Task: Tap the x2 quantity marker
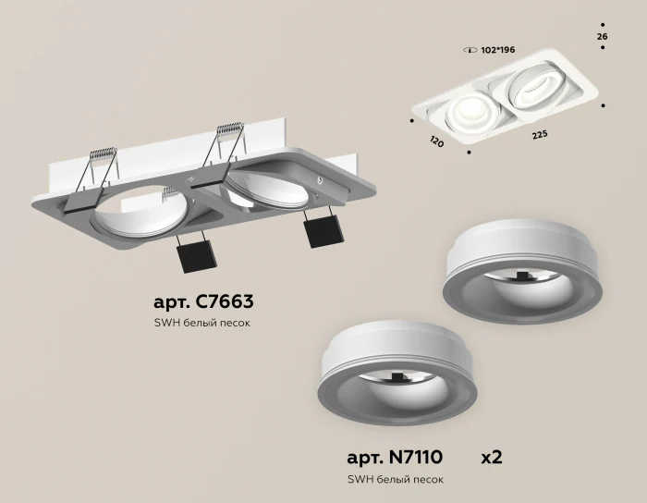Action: pyautogui.click(x=491, y=457)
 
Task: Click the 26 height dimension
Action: pyautogui.click(x=603, y=36)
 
